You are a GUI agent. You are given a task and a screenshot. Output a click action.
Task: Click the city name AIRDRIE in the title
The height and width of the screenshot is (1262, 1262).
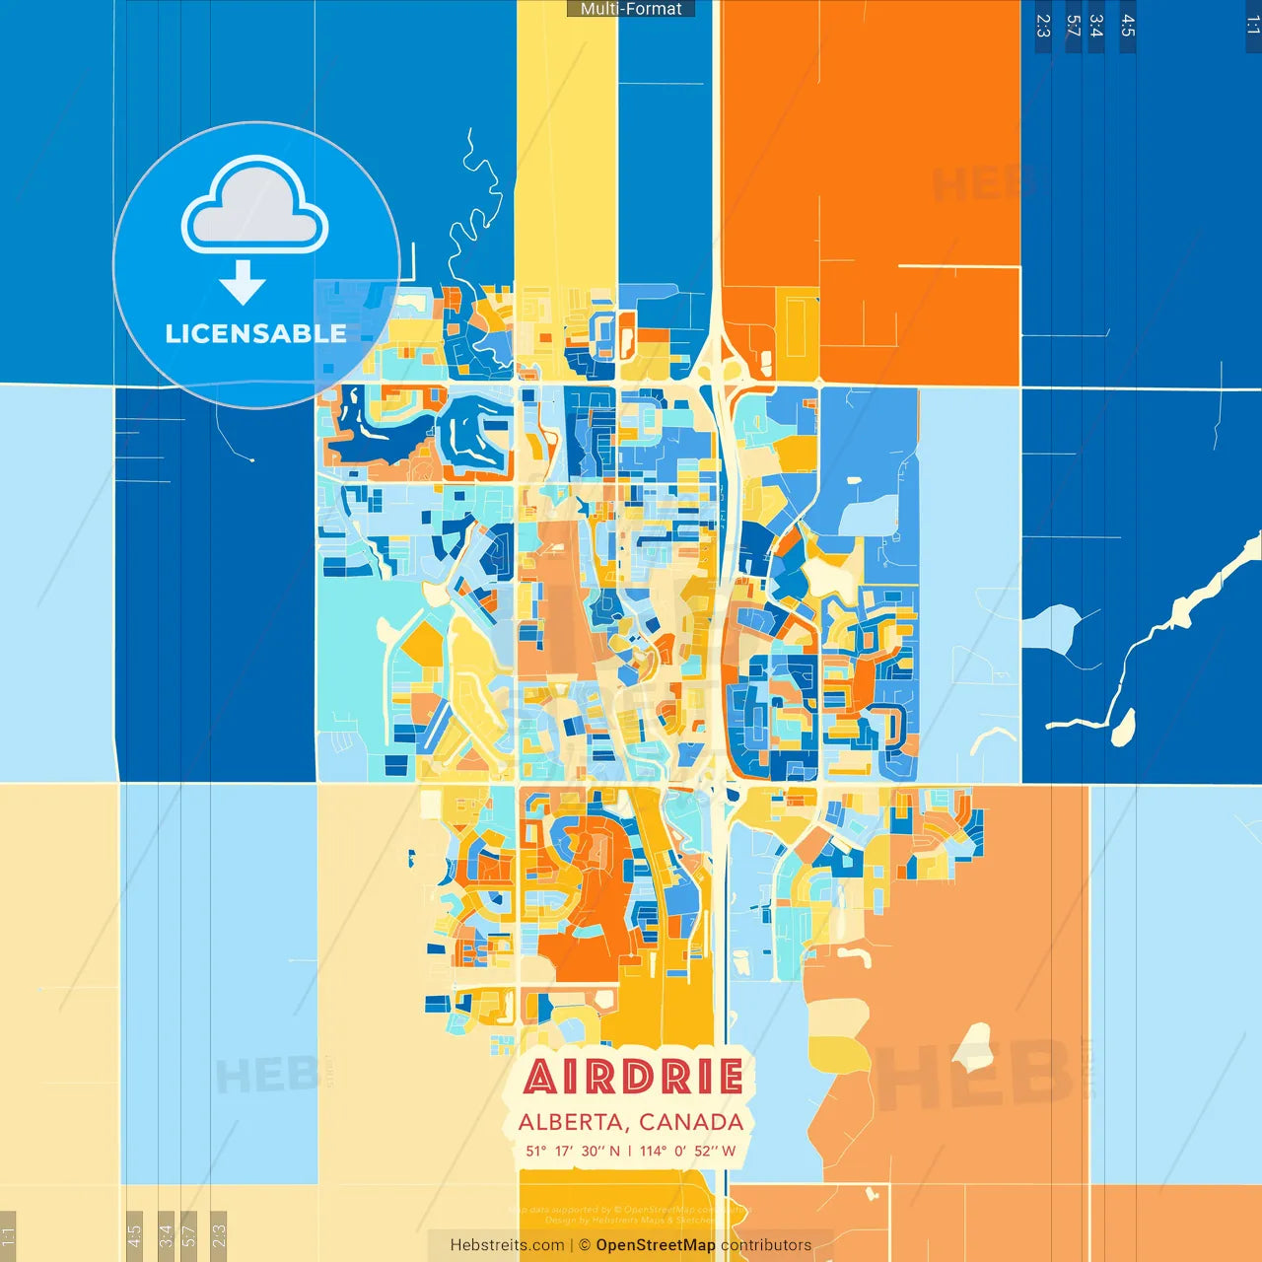tap(632, 1077)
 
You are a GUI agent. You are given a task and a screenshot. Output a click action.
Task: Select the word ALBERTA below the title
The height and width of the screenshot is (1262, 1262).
tap(571, 1122)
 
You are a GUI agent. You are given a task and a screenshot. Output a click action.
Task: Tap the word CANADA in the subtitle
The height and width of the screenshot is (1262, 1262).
tap(691, 1122)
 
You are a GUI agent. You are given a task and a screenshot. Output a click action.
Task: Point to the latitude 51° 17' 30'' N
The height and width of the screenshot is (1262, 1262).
tap(573, 1151)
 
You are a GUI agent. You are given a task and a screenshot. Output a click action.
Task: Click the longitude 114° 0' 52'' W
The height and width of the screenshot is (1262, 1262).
tap(687, 1151)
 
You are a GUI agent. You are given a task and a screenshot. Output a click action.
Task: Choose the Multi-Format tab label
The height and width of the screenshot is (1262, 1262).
tap(631, 9)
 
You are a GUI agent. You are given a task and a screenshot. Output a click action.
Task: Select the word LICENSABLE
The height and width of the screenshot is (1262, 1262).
tap(255, 333)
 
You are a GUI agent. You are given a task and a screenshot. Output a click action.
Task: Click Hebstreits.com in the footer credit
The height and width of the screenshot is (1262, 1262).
tap(507, 1245)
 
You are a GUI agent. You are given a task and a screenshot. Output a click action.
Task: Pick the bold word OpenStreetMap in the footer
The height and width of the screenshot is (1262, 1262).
tap(656, 1245)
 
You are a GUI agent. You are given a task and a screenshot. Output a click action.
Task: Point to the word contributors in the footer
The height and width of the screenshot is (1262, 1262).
tap(766, 1245)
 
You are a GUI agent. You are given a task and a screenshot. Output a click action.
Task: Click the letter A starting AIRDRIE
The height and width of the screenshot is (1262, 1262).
tap(540, 1077)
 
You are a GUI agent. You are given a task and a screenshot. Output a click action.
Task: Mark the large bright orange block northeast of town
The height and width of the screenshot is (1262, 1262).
tap(868, 148)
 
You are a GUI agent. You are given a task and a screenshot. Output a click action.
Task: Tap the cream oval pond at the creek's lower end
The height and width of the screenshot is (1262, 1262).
tap(1122, 728)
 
